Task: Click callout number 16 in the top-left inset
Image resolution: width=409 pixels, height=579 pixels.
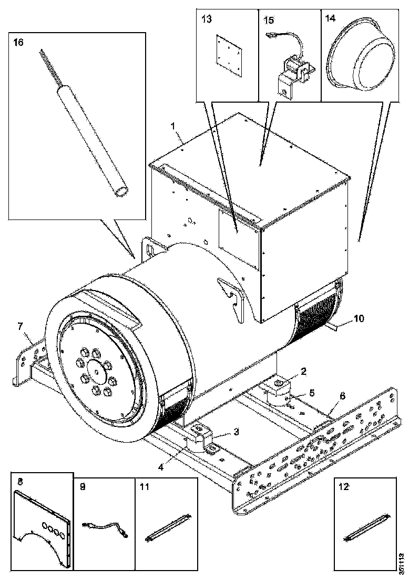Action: [18, 43]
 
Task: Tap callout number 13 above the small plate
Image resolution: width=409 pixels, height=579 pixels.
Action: [207, 19]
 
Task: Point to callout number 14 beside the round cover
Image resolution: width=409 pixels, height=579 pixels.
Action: [331, 18]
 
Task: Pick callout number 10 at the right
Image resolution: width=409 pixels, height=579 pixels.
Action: [360, 318]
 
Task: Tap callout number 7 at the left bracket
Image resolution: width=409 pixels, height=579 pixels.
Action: [21, 326]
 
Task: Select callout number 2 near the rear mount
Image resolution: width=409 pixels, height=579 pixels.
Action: [303, 372]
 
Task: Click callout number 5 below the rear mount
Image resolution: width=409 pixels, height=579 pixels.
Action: [312, 393]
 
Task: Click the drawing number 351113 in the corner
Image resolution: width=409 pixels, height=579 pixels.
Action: [402, 562]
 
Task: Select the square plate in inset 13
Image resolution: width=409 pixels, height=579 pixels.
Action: [229, 55]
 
